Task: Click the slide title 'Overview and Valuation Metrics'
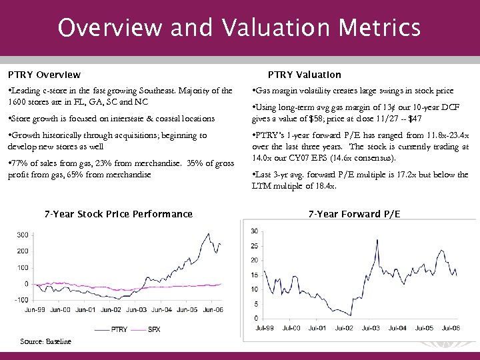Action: pyautogui.click(x=239, y=28)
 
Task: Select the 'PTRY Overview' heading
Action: pyautogui.click(x=44, y=75)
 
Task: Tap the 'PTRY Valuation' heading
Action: pyautogui.click(x=304, y=75)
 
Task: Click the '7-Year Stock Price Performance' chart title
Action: pyautogui.click(x=118, y=214)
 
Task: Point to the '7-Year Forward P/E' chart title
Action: pyautogui.click(x=354, y=214)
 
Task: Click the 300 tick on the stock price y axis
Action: pyautogui.click(x=22, y=235)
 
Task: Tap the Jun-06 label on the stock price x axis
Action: pyautogui.click(x=212, y=310)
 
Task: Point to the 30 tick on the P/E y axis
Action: pyautogui.click(x=255, y=231)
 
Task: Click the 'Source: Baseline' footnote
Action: pyautogui.click(x=45, y=341)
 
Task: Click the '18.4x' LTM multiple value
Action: pyautogui.click(x=325, y=187)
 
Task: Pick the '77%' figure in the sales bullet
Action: pyautogui.click(x=19, y=164)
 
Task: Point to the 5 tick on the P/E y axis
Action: pyautogui.click(x=256, y=305)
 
